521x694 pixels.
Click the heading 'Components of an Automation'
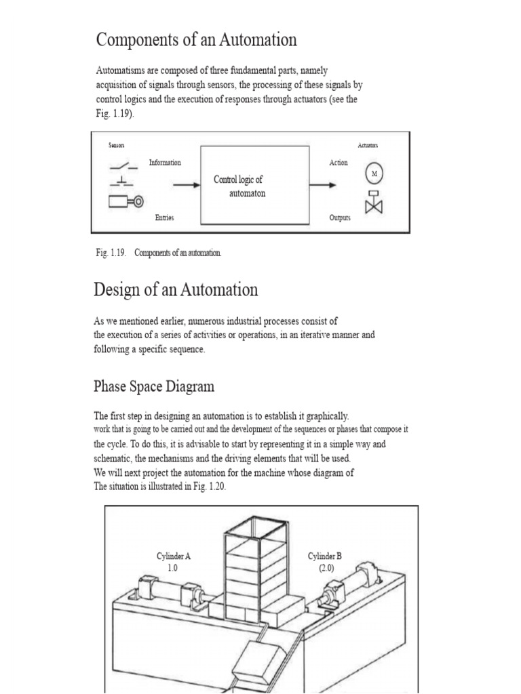coord(196,40)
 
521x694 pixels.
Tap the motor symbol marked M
coord(374,174)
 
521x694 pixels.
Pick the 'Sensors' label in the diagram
coord(117,145)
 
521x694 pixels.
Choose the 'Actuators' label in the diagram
coord(368,145)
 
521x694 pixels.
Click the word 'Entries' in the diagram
coord(164,218)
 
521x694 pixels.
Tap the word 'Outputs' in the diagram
coord(339,218)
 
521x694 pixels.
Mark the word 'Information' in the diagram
coord(165,163)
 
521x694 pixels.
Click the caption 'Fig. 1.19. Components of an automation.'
coord(158,253)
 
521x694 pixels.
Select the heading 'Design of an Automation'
coord(176,290)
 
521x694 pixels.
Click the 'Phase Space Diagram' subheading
coord(153,387)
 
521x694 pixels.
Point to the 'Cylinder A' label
coord(174,556)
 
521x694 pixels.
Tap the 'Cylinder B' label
coord(325,556)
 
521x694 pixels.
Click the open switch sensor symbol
coord(123,165)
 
